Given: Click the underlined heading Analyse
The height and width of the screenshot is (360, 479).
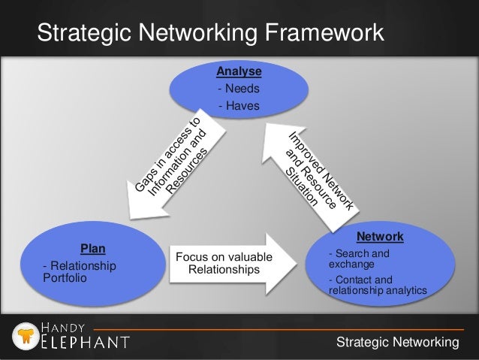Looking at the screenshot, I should [239, 71].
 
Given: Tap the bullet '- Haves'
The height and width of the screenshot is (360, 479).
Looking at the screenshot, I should [236, 106].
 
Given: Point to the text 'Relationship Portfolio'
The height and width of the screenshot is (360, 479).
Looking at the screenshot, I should [80, 271].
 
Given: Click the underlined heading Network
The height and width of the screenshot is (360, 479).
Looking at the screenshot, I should [380, 237].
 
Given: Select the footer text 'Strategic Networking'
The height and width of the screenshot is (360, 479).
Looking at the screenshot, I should [397, 343].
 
